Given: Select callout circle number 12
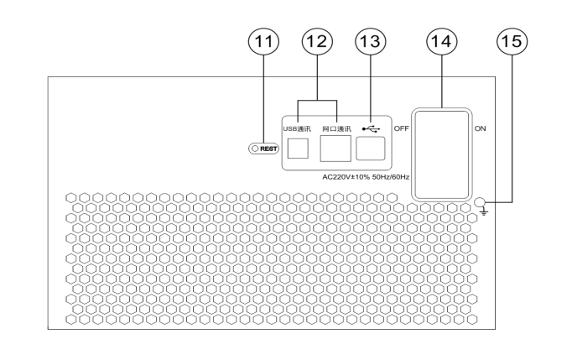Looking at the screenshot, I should click(319, 40).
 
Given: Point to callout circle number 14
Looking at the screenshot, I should click(439, 40).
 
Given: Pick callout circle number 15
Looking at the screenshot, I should click(510, 40).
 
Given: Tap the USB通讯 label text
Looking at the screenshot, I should click(297, 129).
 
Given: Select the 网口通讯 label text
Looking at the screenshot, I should click(337, 129).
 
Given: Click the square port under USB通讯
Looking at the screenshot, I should click(298, 149).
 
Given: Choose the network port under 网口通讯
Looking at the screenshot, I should click(336, 149).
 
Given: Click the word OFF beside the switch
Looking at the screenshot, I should click(400, 129).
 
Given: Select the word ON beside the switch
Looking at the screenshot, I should click(481, 129).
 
